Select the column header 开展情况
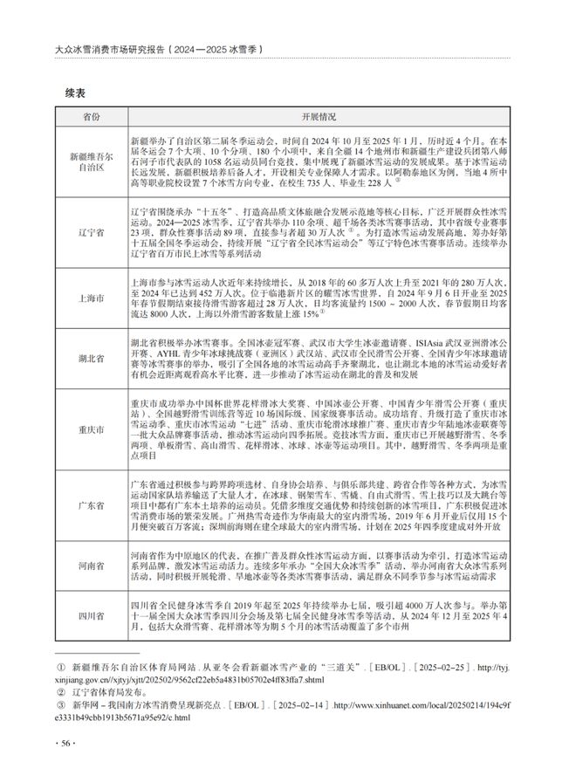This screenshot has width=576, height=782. click(319, 116)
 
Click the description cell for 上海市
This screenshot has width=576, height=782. click(319, 298)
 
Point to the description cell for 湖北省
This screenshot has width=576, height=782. click(319, 358)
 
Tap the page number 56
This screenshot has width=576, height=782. click(66, 742)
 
